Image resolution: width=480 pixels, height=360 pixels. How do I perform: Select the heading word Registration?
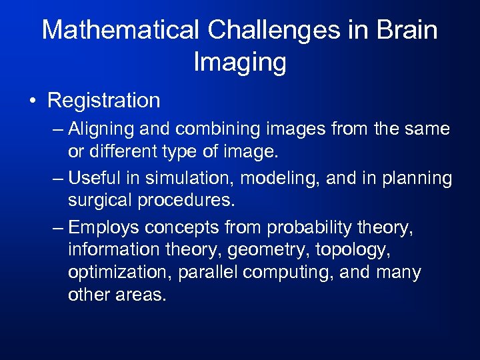104,101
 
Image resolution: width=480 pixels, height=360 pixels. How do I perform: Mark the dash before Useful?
57,179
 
